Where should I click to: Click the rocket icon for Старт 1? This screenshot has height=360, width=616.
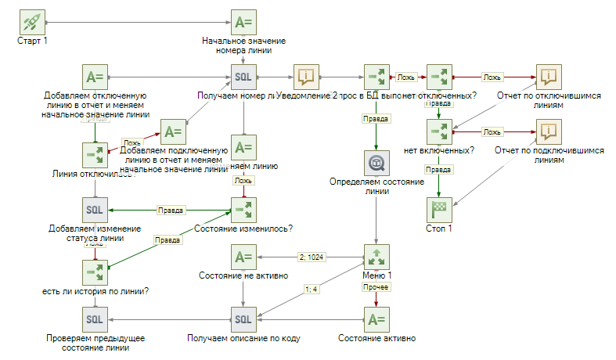point(32,21)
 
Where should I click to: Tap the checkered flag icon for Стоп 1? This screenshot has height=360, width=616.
point(439,209)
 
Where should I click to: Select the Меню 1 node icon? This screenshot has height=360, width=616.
point(376,257)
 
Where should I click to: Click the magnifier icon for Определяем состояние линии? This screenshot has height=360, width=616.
point(376,162)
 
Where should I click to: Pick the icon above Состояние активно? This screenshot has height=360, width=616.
point(376,319)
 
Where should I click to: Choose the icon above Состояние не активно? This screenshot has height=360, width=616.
point(243,257)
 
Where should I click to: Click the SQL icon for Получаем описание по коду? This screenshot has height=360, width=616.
point(243,319)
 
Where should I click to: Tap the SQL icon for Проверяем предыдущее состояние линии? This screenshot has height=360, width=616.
point(94,319)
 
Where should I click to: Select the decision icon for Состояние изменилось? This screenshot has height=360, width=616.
point(243,209)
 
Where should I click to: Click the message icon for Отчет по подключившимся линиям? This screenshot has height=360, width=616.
point(549,131)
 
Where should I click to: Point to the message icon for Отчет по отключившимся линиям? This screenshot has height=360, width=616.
point(549,76)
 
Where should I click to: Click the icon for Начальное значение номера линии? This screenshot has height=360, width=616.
point(243,21)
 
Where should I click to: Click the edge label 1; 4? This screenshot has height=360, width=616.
point(311,290)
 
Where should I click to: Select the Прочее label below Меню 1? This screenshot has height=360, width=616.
point(371,287)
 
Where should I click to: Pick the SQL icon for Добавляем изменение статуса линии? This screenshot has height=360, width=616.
point(94,209)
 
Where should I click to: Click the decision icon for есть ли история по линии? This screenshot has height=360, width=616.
point(94,272)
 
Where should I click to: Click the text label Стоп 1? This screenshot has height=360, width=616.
point(439,229)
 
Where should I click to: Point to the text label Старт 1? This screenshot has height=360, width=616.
point(32,41)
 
